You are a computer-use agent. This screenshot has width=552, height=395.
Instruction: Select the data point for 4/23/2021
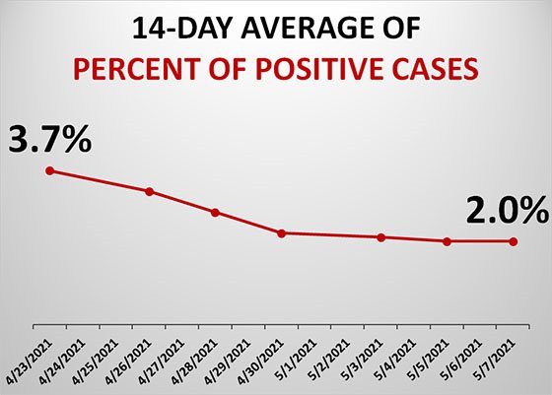click(49, 171)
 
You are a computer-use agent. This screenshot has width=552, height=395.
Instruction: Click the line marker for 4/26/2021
click(149, 191)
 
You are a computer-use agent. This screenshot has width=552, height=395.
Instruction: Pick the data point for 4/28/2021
click(215, 212)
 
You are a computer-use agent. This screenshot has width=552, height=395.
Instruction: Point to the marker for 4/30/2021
click(281, 233)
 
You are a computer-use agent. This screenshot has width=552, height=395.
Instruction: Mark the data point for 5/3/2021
click(380, 237)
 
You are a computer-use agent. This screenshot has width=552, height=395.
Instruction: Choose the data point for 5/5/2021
click(448, 241)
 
